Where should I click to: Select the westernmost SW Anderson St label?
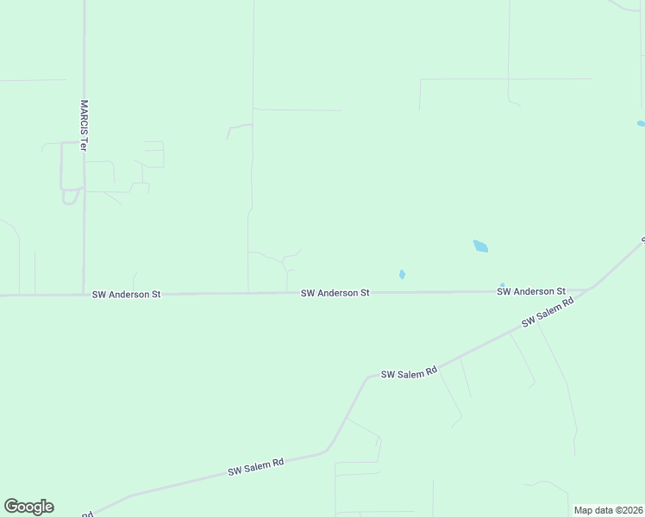(x=127, y=295)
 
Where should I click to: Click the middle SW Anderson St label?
(x=335, y=293)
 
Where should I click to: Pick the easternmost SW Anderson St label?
(x=530, y=292)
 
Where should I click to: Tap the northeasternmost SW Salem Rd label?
(x=548, y=312)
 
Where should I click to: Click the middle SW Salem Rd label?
(x=410, y=373)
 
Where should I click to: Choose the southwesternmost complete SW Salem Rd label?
(x=256, y=467)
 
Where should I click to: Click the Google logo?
(x=28, y=507)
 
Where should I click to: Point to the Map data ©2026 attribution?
(x=608, y=510)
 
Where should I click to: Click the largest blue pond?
(x=480, y=246)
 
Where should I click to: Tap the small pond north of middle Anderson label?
(x=402, y=275)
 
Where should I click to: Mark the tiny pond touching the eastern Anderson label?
(x=502, y=285)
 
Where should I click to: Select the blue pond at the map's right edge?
(x=641, y=124)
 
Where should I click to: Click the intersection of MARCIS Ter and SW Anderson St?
(x=84, y=295)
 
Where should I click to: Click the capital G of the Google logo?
(x=11, y=507)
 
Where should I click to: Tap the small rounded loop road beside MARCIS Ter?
(x=70, y=196)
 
